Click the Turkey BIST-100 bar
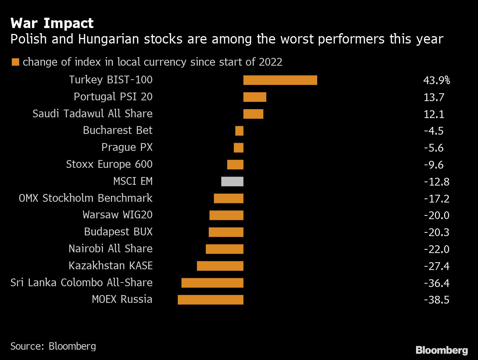280,80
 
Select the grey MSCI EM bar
232,181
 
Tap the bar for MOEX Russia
211,300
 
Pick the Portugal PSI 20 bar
254,97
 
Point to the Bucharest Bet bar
239,131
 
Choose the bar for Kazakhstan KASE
220,266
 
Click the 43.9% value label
437,80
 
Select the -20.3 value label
437,232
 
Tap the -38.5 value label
437,300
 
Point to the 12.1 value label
434,114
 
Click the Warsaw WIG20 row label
117,215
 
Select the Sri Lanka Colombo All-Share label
82,283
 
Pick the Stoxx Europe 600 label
109,164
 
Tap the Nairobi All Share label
110,249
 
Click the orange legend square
15,62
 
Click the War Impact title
52,23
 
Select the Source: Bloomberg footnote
53,346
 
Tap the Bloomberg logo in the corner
441,350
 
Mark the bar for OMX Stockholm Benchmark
229,198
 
